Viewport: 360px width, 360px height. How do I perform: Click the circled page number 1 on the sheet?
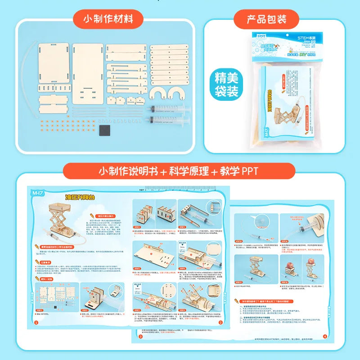coord(36,322)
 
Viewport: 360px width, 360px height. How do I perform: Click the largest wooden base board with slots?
coord(88,72)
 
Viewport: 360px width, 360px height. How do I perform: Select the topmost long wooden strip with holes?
coord(170,47)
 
